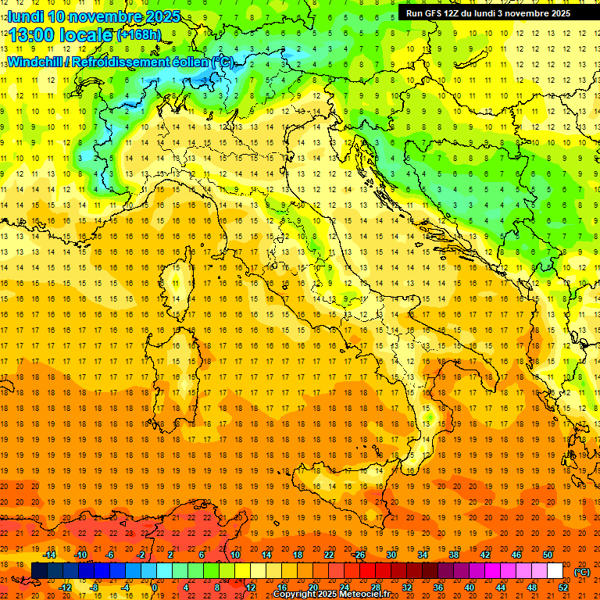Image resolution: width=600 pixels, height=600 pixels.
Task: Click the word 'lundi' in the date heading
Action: coord(25,16)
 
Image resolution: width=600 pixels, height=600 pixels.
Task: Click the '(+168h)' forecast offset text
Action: coord(138,35)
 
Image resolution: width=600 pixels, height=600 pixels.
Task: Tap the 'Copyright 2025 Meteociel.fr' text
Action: coord(331,595)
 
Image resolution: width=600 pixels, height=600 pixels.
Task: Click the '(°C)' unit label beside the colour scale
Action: coord(582,571)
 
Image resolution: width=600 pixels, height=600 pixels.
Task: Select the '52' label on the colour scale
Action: coord(563,587)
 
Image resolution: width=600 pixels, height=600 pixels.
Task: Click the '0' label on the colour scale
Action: coord(155,587)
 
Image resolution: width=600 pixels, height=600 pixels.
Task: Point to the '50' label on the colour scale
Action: coord(548,555)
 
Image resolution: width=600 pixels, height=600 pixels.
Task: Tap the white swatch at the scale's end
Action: coord(555,570)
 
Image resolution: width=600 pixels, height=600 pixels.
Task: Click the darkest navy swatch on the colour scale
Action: coord(39,570)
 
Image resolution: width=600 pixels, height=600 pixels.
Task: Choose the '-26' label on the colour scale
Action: coord(359,555)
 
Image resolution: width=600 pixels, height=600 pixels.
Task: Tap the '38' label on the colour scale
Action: coord(453,555)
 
